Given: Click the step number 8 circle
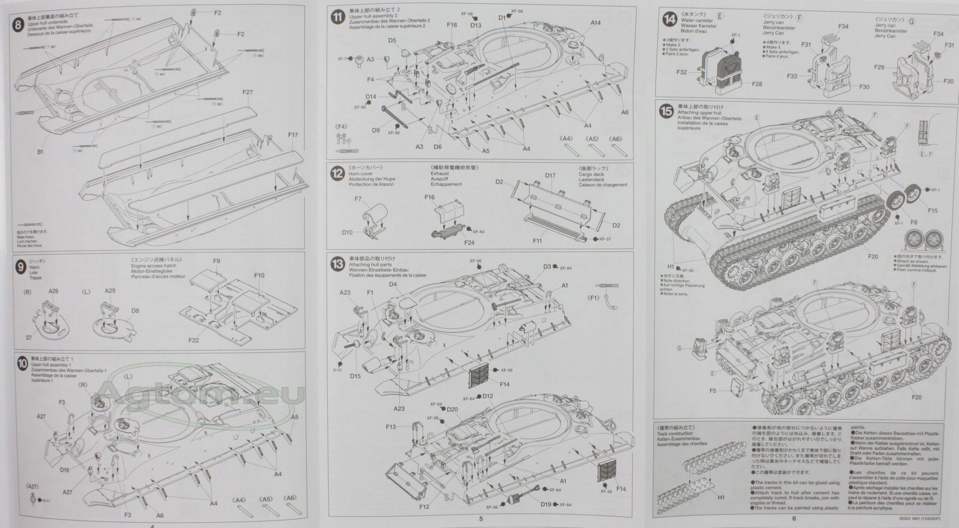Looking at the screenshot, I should pos(19,25).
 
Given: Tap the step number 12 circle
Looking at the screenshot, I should pos(337,174).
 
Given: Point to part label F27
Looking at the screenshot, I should pos(247,92).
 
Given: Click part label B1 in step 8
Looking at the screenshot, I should pos(40,152).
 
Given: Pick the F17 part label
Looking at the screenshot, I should pos(292,135).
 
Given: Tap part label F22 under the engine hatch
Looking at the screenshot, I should pos(193,340).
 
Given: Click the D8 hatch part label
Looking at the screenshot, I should pos(135,311).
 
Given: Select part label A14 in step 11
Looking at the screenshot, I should pos(596,23).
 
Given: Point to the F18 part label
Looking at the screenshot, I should pos(452,25).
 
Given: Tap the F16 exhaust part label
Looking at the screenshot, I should pos(430,198).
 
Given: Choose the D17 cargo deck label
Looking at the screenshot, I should pos(550,175).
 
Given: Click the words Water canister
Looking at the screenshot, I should pos(697,21).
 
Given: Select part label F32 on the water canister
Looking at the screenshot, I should pos(681,72).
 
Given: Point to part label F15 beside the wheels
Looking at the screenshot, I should pos(932,211).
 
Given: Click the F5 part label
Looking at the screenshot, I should pos(713,391).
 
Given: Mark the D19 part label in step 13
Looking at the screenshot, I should pos(546,505).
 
